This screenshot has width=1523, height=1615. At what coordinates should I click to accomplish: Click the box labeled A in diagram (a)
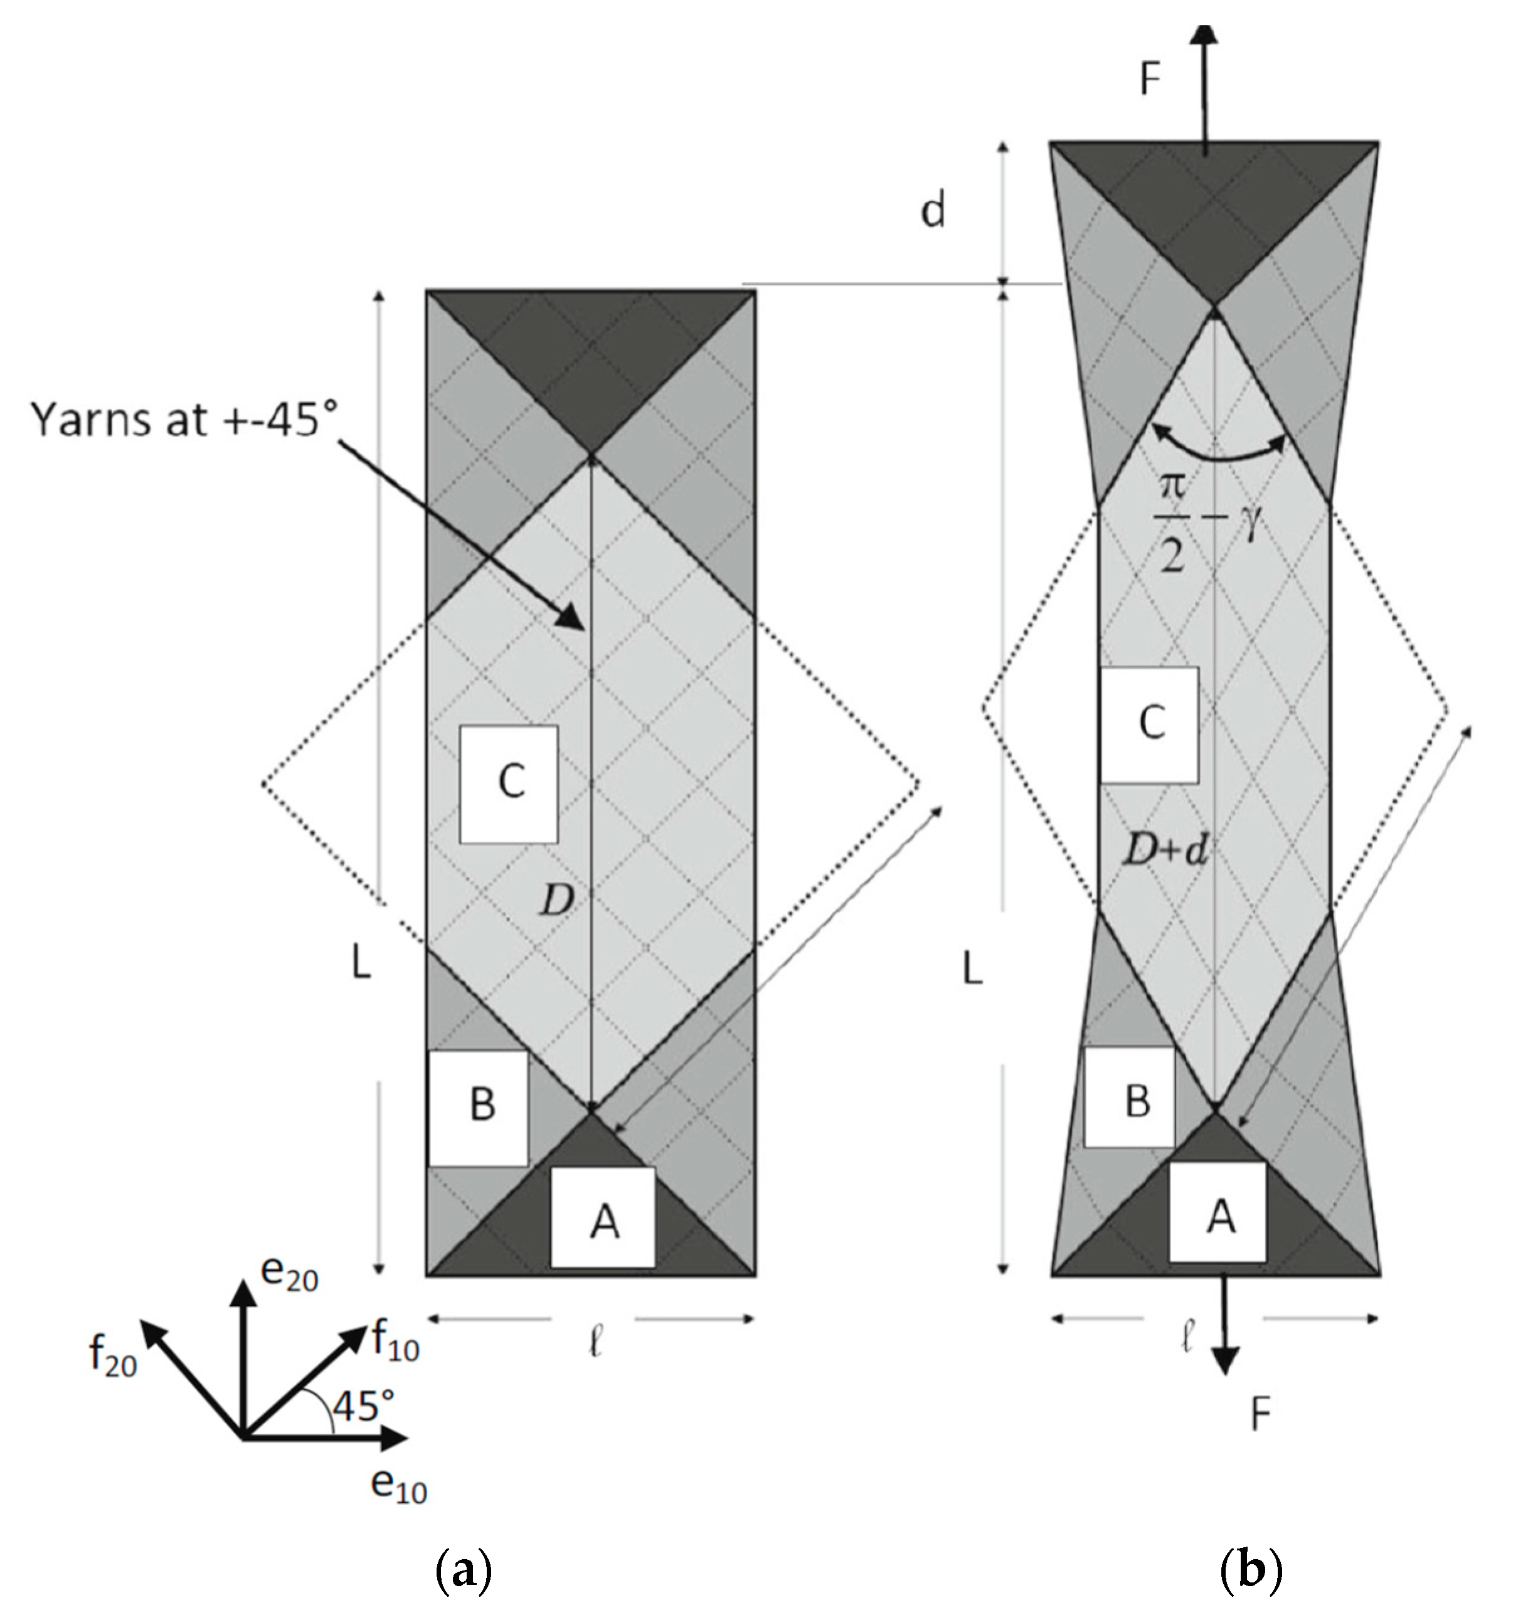pyautogui.click(x=603, y=1216)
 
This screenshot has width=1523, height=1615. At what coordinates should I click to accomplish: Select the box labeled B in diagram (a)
pyautogui.click(x=479, y=1106)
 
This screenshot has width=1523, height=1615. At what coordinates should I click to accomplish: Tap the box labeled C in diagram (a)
pyautogui.click(x=509, y=783)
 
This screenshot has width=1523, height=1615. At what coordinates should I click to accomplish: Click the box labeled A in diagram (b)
pyautogui.click(x=1217, y=1210)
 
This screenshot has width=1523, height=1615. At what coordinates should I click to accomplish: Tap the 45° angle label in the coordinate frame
pyautogui.click(x=363, y=1405)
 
